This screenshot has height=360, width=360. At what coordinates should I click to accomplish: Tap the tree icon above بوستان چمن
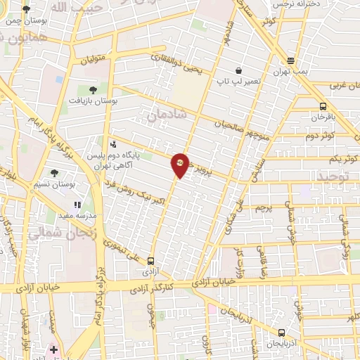pyautogui.click(x=27, y=9)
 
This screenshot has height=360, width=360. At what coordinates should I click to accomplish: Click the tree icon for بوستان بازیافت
pyautogui.click(x=92, y=89)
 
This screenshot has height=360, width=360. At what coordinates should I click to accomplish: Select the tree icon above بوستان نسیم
pyautogui.click(x=54, y=172)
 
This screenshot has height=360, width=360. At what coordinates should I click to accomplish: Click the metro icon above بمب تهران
pyautogui.click(x=290, y=61)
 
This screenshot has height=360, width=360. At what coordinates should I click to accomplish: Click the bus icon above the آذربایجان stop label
pyautogui.click(x=281, y=332)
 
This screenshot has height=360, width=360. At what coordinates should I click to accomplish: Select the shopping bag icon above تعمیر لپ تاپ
pyautogui.click(x=239, y=70)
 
